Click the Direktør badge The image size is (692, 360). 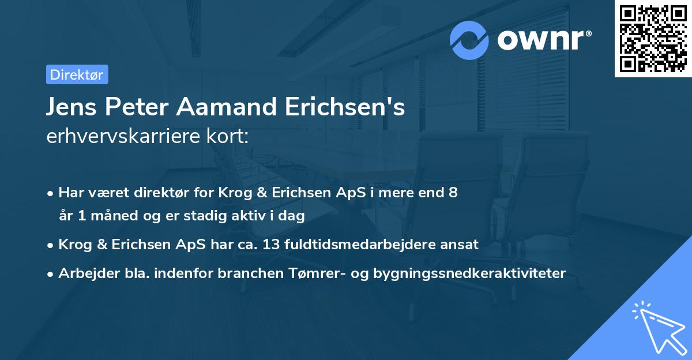tap(77, 74)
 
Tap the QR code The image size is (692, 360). tap(653, 38)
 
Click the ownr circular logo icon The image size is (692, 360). tap(469, 40)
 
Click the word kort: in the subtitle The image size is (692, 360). tap(231, 137)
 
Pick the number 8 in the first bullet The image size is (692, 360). tap(454, 193)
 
